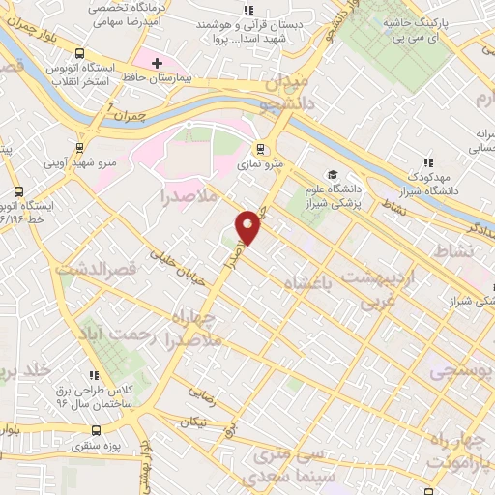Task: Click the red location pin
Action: (x=249, y=226)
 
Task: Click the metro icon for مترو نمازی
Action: (x=259, y=149)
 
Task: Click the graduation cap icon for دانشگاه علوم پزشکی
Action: (x=333, y=174)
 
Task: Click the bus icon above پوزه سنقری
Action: (x=95, y=430)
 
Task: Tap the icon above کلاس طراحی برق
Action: (x=94, y=375)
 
